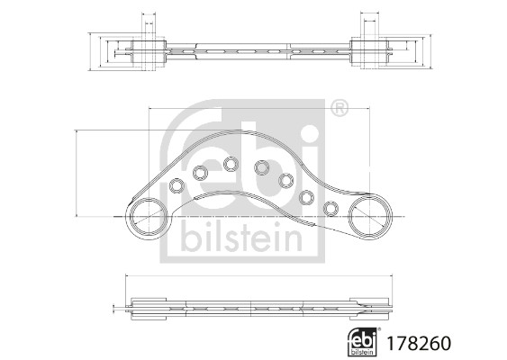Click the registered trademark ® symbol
(x=339, y=110)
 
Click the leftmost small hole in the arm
(x=177, y=186)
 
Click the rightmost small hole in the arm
(x=330, y=209)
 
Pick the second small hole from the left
(x=201, y=173)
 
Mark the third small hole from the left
(x=231, y=164)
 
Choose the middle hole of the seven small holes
(x=262, y=167)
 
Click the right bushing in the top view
(x=367, y=50)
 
